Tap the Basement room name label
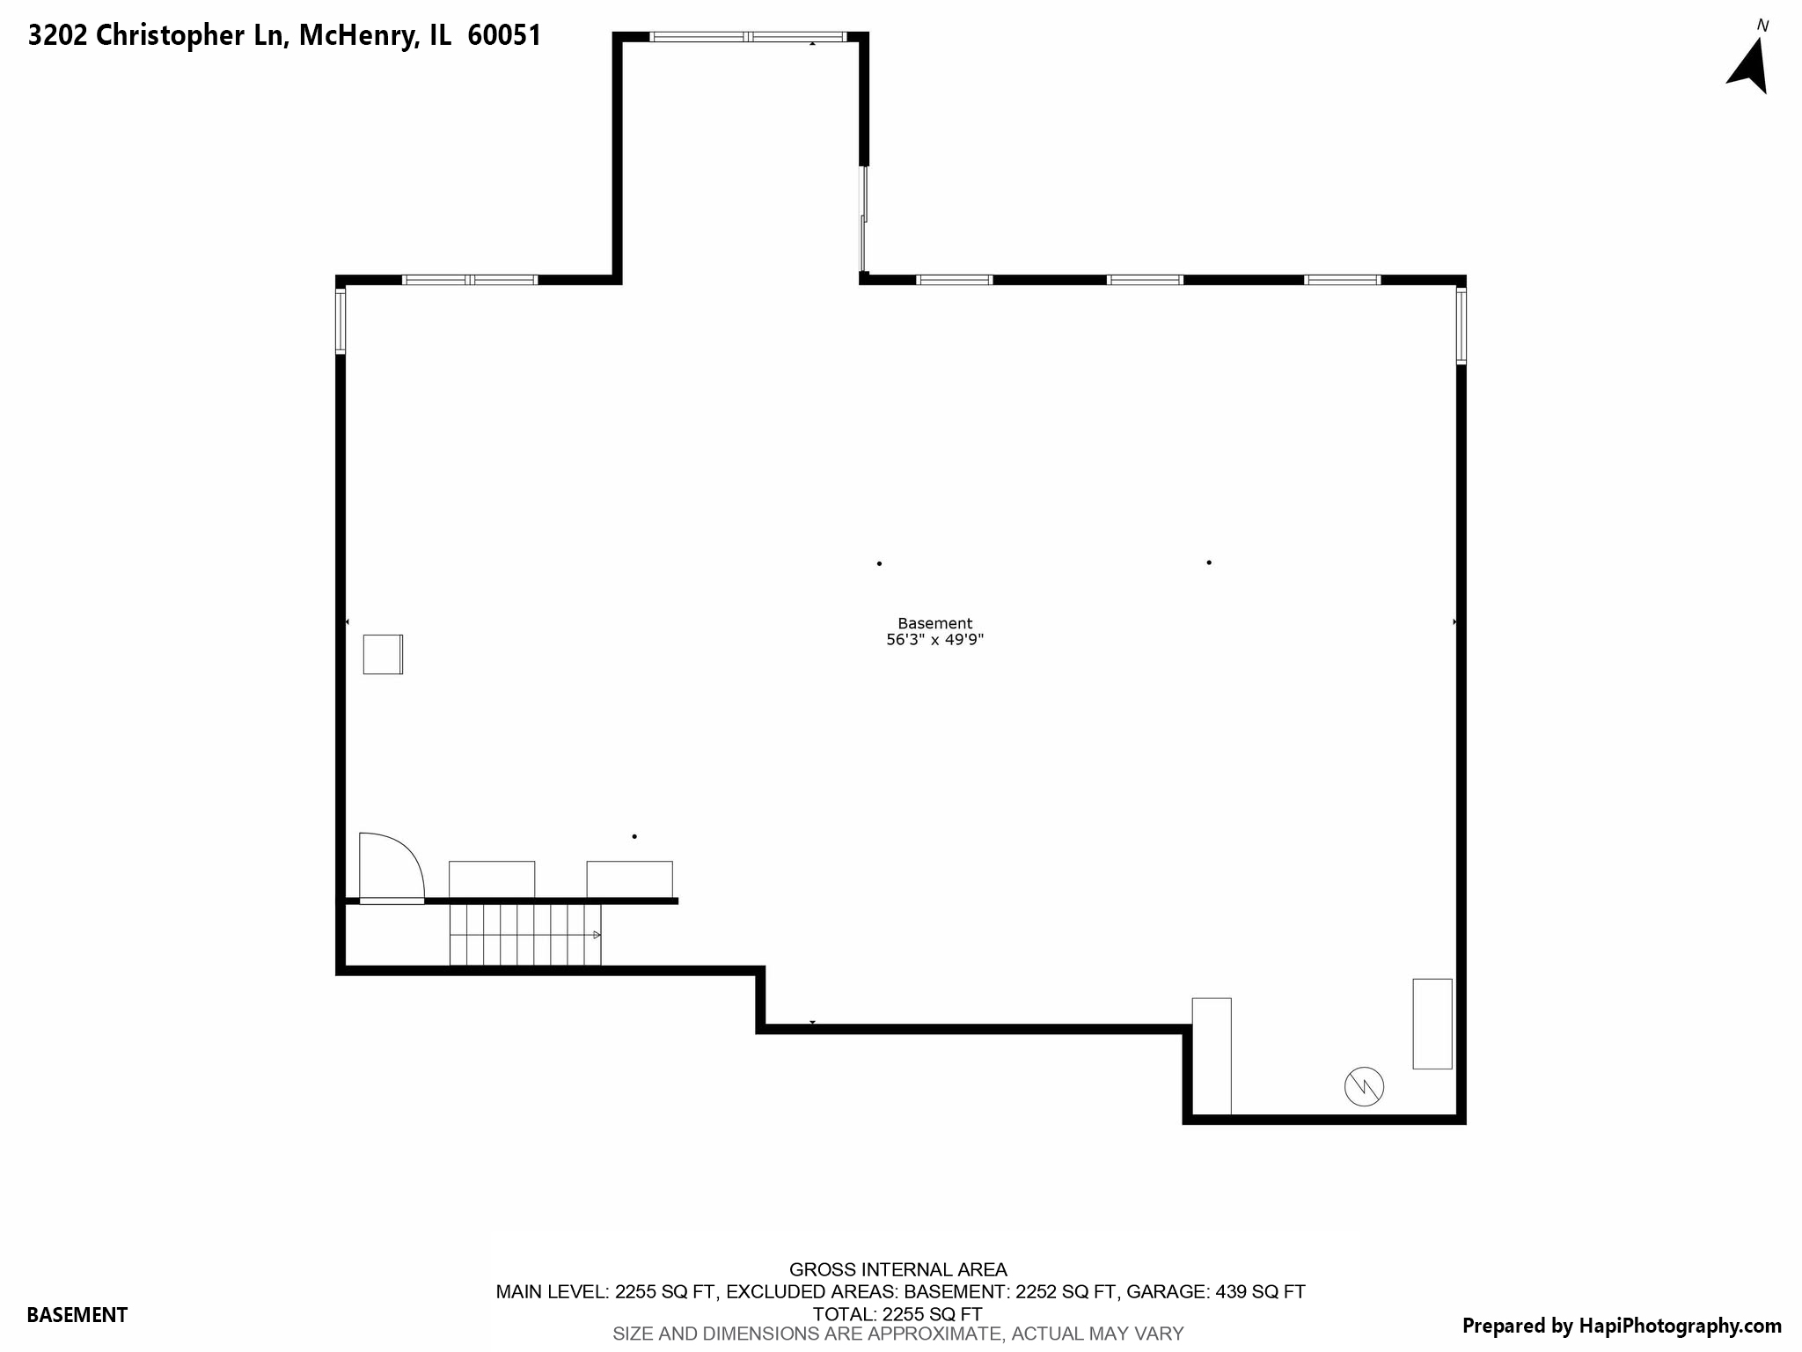pos(934,623)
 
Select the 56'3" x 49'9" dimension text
pos(934,640)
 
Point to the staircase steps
pos(524,935)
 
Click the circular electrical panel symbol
pos(1364,1087)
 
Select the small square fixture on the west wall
pos(383,654)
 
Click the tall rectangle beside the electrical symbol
pos(1432,1024)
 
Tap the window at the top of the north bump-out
pos(748,37)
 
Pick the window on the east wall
pos(1461,326)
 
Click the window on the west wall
pos(341,321)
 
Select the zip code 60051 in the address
pos(504,35)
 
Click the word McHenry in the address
pos(357,35)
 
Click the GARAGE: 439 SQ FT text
pos(1216,1291)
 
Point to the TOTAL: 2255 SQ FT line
pos(897,1314)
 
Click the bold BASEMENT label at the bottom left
pos(77,1315)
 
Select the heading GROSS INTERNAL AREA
pos(897,1269)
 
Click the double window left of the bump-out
pos(470,280)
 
